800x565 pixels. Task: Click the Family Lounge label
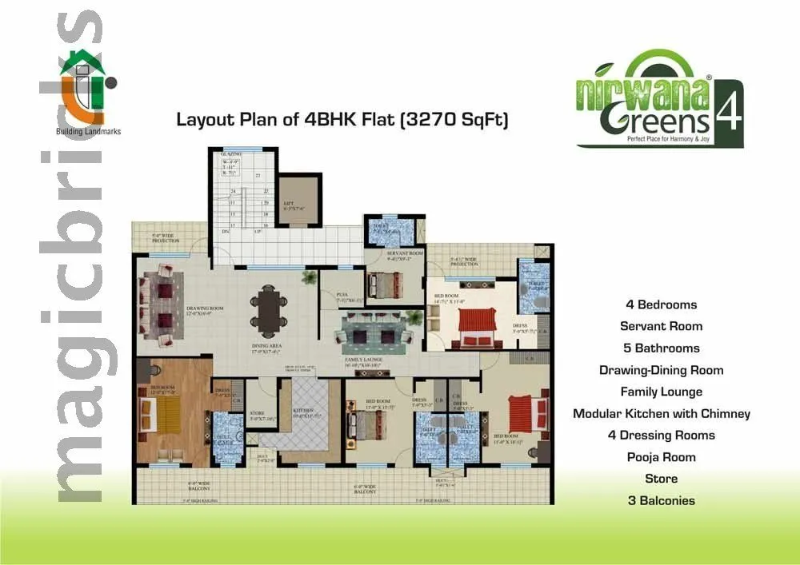pyautogui.click(x=366, y=362)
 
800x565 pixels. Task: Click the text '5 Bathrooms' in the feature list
pyautogui.click(x=661, y=348)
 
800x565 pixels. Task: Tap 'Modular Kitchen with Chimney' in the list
pyautogui.click(x=661, y=413)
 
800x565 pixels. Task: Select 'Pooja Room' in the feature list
pyautogui.click(x=661, y=457)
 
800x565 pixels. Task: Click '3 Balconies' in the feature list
pyautogui.click(x=661, y=500)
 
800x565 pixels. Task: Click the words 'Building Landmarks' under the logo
pyautogui.click(x=88, y=132)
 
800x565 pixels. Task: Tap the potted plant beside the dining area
pyautogui.click(x=308, y=278)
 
